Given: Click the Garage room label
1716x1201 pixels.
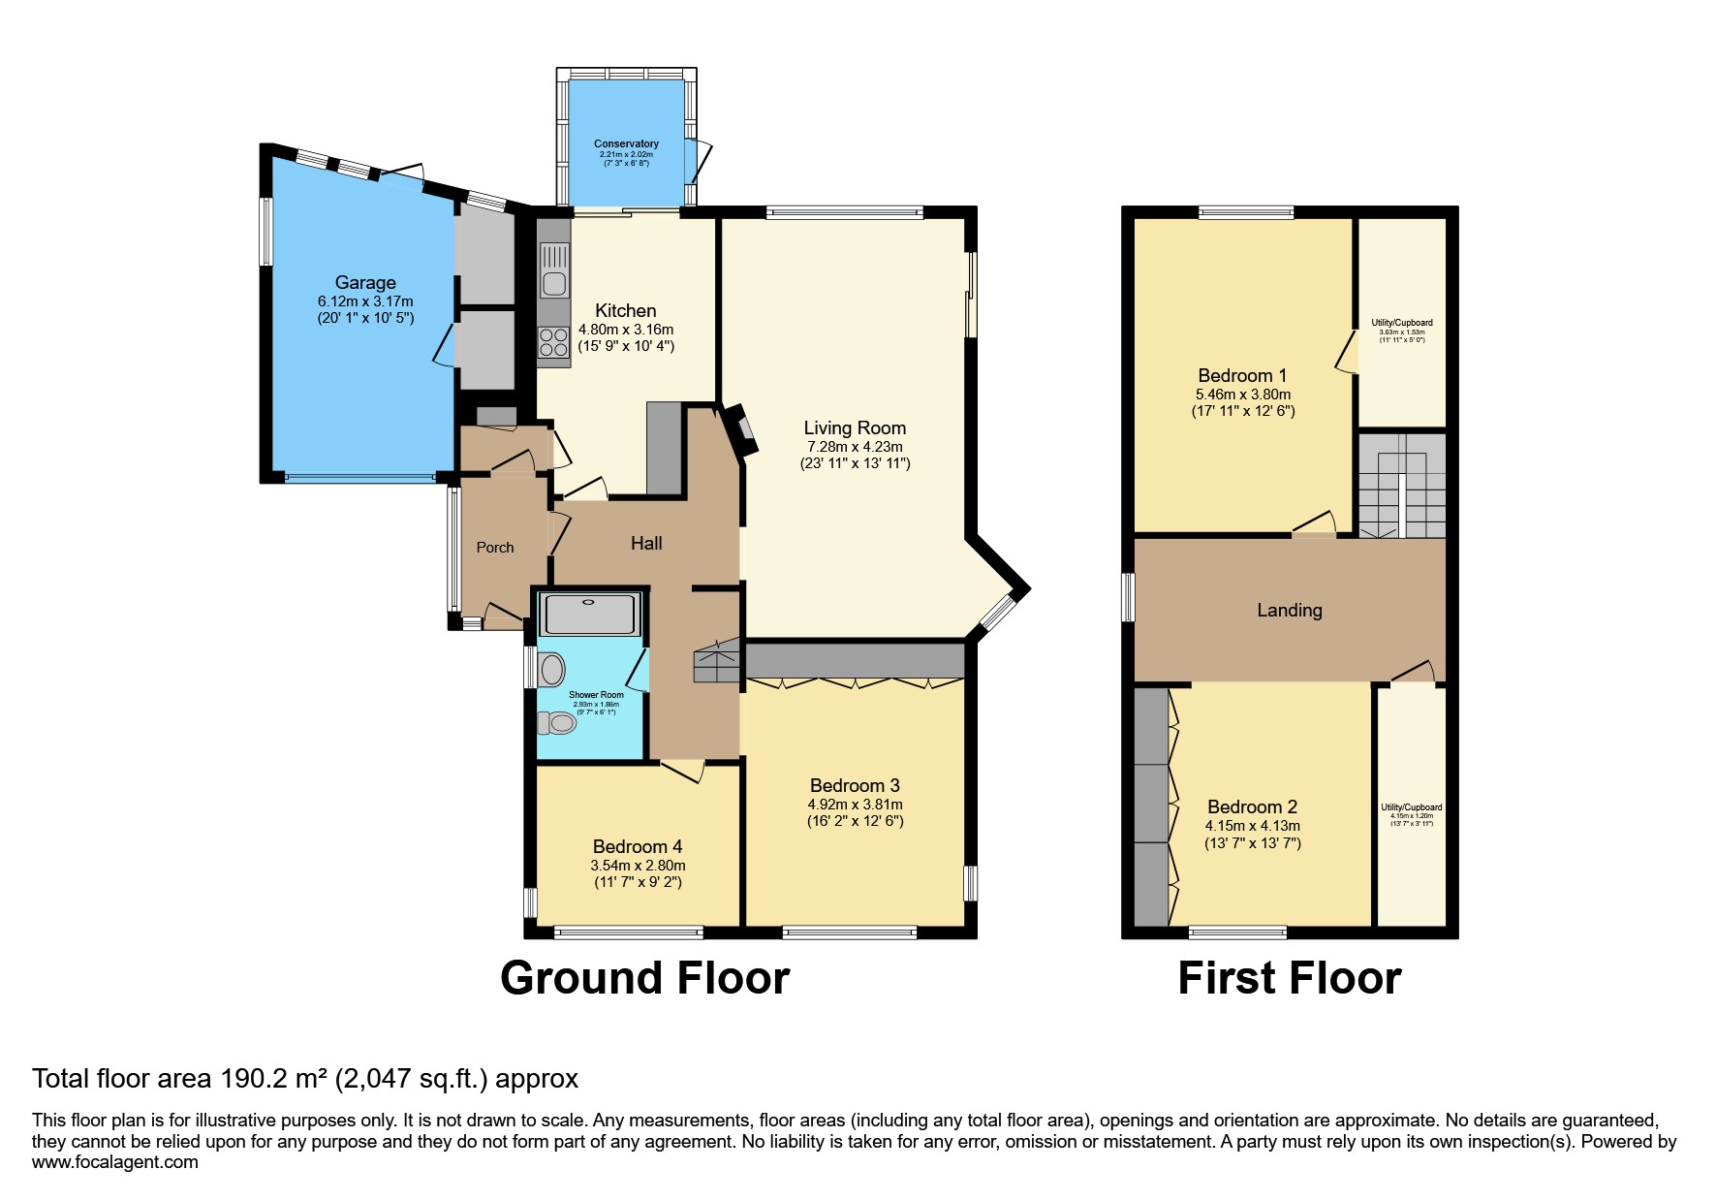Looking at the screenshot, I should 365,282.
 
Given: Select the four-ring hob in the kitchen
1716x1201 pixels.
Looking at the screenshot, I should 554,342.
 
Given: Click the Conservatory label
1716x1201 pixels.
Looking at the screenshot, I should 626,143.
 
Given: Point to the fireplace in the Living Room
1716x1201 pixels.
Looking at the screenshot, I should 743,429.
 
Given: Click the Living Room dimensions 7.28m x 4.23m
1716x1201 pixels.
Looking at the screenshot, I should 855,447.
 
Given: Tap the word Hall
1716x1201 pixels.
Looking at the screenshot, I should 646,544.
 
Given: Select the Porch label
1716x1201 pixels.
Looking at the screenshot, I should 494,548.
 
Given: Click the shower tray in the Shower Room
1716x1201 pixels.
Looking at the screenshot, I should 589,614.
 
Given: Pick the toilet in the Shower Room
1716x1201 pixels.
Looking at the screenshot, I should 559,723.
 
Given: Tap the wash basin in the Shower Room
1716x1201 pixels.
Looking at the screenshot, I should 552,669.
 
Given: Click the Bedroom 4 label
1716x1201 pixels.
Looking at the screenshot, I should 637,846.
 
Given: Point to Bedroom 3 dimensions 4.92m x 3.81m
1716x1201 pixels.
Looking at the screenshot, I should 855,805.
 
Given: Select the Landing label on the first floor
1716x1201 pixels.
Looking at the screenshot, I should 1289,610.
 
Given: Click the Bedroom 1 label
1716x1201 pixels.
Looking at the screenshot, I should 1242,375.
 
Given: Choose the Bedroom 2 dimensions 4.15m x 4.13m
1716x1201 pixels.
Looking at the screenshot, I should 1252,826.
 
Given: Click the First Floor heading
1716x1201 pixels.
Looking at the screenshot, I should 1289,978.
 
